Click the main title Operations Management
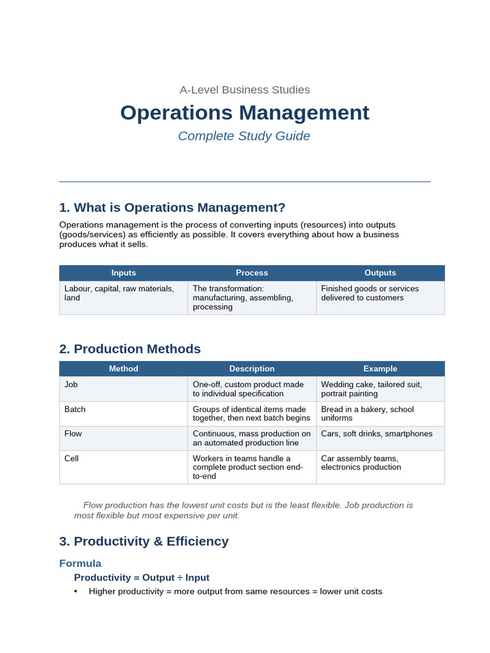244,112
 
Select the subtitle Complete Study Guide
244,136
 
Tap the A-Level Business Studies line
244,89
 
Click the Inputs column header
123,273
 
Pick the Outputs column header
380,273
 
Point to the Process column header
251,273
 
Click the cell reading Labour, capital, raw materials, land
119,293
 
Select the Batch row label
75,409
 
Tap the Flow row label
73,434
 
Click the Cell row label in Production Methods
71,459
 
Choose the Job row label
71,385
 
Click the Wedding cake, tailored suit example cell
371,389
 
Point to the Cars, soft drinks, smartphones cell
376,434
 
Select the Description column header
251,369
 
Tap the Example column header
380,369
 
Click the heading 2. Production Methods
130,349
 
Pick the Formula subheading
80,564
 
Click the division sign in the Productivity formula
180,578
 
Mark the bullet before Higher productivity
75,592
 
